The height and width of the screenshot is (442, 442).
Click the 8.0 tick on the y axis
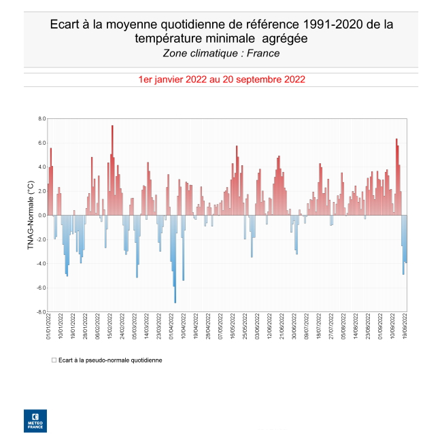coord(41,119)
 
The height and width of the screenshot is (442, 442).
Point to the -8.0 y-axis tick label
coord(40,312)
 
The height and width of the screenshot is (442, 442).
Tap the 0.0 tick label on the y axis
coord(41,216)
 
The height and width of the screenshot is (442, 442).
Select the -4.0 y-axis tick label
coord(40,264)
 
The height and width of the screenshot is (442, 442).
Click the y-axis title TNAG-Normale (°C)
coord(30,216)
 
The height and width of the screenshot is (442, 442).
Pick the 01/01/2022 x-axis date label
coord(48,328)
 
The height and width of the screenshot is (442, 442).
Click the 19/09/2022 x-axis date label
coord(406,328)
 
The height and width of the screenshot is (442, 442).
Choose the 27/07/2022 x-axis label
coord(332,328)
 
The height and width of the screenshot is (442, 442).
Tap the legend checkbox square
coord(54,360)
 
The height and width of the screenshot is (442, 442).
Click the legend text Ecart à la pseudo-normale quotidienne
coord(110,360)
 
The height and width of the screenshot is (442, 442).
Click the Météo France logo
coord(35,421)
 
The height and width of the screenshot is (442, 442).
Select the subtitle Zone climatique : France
coord(221,53)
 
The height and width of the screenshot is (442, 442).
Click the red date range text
coord(221,80)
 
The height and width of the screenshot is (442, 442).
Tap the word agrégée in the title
coord(280,39)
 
